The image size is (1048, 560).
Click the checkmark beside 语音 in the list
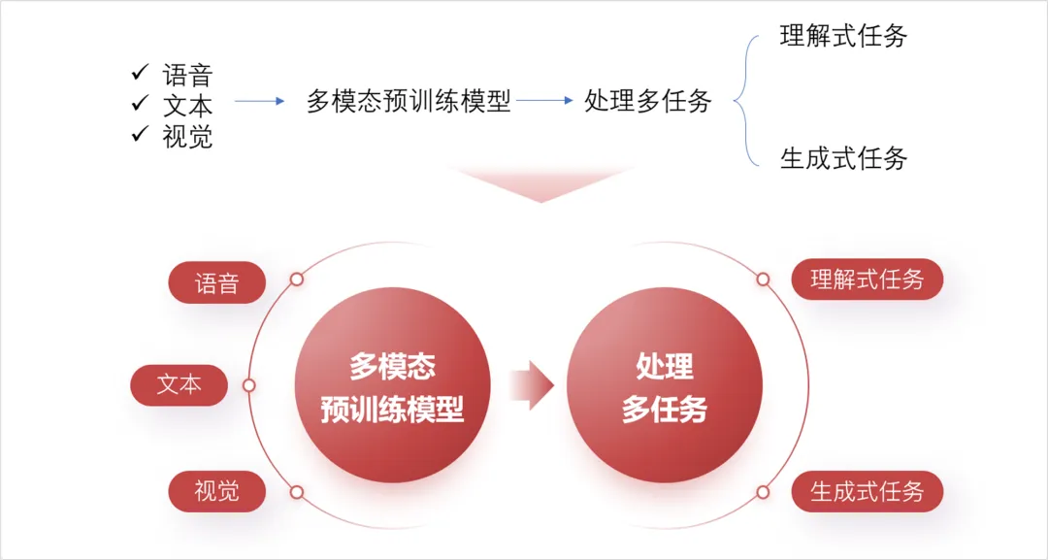point(140,72)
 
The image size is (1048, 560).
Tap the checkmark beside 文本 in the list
point(140,103)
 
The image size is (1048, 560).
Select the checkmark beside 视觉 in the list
point(140,134)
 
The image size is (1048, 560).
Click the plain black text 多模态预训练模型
point(409,101)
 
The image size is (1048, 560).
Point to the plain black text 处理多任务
point(648,100)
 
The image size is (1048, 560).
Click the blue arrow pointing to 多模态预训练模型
point(259,101)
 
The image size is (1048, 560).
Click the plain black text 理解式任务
point(843,37)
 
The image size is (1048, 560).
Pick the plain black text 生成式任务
point(843,158)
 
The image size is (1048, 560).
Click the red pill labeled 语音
point(216,282)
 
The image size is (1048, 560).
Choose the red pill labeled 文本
point(180,385)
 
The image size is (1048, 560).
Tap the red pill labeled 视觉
point(216,491)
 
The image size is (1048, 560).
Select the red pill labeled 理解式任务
point(867,280)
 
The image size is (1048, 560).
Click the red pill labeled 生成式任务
point(867,491)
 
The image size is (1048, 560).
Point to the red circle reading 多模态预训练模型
point(392,385)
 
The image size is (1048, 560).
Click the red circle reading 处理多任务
point(665,385)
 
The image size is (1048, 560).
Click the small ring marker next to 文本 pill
point(249,385)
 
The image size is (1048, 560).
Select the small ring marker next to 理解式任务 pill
point(763,280)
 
